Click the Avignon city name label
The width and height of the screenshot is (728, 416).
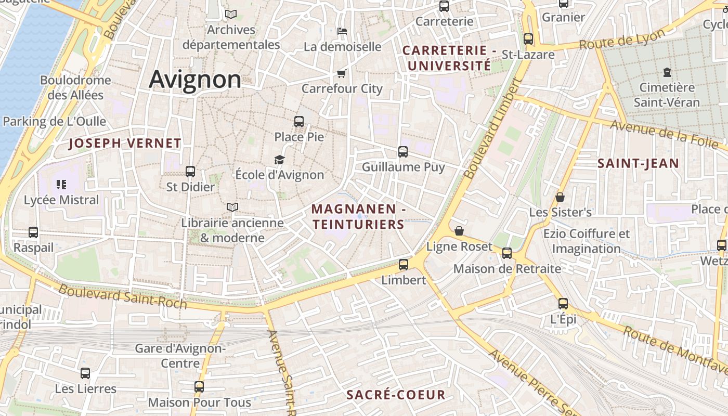coord(195,80)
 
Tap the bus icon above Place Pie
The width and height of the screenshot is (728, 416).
coord(299,122)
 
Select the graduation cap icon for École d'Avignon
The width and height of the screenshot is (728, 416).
coord(280,160)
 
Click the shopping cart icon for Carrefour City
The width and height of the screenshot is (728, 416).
coord(342,73)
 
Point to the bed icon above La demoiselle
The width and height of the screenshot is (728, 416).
coord(342,31)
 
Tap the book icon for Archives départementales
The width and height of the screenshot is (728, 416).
coord(231,15)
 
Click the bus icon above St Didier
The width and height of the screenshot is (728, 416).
coord(190,171)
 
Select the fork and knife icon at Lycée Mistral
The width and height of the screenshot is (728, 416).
coord(61,185)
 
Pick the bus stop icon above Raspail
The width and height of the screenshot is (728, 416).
coord(33,232)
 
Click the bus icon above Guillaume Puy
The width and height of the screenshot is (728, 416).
coord(403,152)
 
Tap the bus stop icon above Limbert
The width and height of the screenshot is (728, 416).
coord(404,265)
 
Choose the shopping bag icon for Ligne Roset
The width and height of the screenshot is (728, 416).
coord(459,231)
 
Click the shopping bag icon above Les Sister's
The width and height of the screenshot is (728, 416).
coord(560,197)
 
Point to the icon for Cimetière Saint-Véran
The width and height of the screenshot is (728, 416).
coord(667,72)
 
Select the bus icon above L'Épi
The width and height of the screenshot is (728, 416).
coord(563,304)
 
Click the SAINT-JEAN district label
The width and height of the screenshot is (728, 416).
coord(638,163)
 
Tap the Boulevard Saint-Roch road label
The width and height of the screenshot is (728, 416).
coord(122,296)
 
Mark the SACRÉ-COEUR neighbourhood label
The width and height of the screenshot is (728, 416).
coord(396,395)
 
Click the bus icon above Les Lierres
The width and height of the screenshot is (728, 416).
coord(85,373)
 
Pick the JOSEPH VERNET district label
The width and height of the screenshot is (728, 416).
coord(125,143)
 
